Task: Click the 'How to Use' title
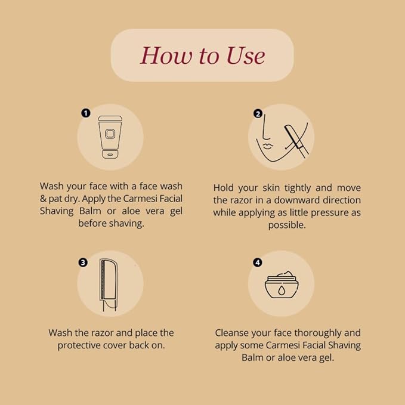(x=203, y=55)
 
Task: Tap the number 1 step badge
(x=86, y=113)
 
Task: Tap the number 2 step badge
(x=258, y=113)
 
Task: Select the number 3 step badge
(x=83, y=262)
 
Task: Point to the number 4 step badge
(x=258, y=262)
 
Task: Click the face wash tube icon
(x=110, y=137)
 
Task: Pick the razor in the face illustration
(x=296, y=141)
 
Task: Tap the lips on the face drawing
(x=268, y=146)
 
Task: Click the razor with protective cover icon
(x=109, y=285)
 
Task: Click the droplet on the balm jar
(x=281, y=290)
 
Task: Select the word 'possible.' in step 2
(x=287, y=225)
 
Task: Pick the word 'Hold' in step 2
(x=223, y=188)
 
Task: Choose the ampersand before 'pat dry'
(x=43, y=199)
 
